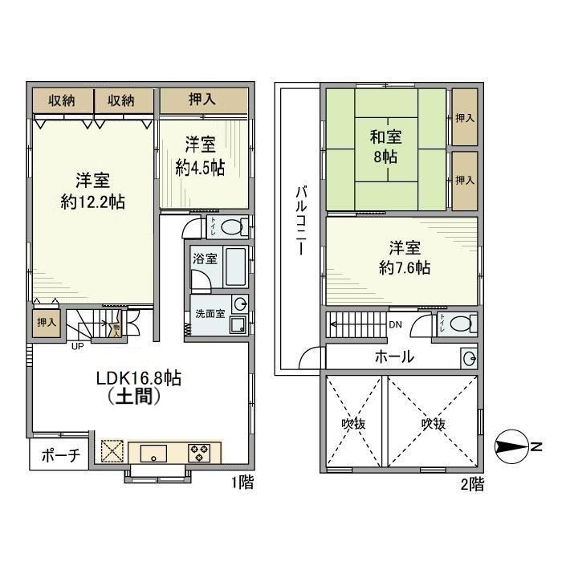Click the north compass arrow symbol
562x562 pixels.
tap(513, 446)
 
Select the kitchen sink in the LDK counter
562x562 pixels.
tap(152, 454)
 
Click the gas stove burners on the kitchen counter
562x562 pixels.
tap(198, 453)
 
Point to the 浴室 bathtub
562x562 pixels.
tap(234, 267)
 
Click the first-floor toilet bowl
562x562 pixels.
tap(232, 226)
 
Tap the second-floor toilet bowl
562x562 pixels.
tap(461, 324)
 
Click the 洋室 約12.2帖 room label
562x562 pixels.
tap(93, 190)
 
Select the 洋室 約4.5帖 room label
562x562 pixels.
tap(200, 157)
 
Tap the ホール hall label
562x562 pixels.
tap(394, 356)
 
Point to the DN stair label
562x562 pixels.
tap(395, 325)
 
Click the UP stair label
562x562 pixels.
tap(77, 347)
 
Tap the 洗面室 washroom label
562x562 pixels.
tap(206, 313)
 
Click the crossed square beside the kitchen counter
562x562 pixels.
tap(111, 450)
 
